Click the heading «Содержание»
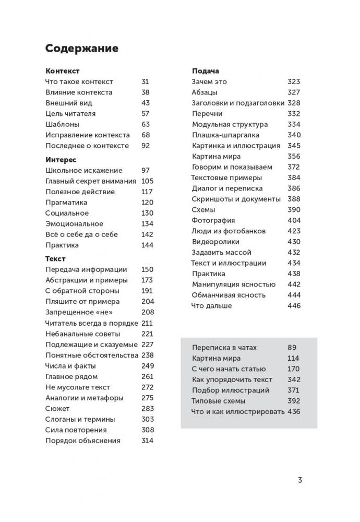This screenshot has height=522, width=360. pos(82,49)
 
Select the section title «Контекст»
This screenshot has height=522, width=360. pos(62,71)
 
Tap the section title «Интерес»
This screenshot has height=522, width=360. pos(61,160)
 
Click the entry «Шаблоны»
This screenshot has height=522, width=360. pos(62,124)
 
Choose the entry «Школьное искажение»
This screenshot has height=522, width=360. pos(84,170)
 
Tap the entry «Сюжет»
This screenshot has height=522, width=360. pos(57,408)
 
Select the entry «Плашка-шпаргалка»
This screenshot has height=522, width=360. pos(226,135)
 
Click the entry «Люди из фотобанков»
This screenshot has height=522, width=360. pos(229,231)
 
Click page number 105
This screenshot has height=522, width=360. pos(147,181)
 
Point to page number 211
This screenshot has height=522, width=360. pos(147,323)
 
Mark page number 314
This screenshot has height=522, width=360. pos(147,440)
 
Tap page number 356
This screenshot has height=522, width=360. pos(294,157)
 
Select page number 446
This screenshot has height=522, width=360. pos(294,305)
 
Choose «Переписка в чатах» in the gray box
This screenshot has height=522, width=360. pos(224,347)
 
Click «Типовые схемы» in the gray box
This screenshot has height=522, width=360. pos(219,401)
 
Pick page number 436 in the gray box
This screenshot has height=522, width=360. pos(294,411)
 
